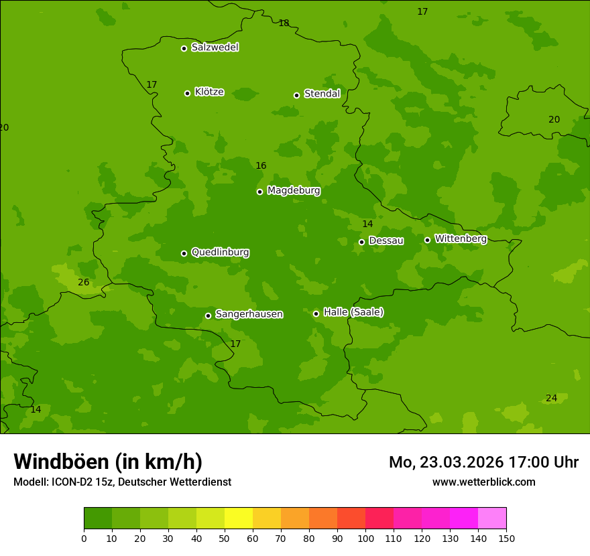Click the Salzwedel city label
pyautogui.click(x=215, y=48)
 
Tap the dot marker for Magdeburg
pyautogui.click(x=259, y=192)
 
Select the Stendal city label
pyautogui.click(x=322, y=94)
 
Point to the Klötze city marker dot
pyautogui.click(x=187, y=93)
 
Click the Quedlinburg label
pyautogui.click(x=220, y=253)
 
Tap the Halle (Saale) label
pyautogui.click(x=353, y=312)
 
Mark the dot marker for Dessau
pyautogui.click(x=361, y=242)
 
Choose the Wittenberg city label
pyautogui.click(x=461, y=238)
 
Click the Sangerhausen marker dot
pyautogui.click(x=208, y=316)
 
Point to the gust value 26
pyautogui.click(x=83, y=282)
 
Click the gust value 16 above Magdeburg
pyautogui.click(x=261, y=165)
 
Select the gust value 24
pyautogui.click(x=551, y=398)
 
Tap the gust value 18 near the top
pyautogui.click(x=284, y=23)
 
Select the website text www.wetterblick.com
pyautogui.click(x=483, y=482)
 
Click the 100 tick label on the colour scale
pyautogui.click(x=365, y=538)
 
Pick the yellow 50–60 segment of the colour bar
pyautogui.click(x=239, y=518)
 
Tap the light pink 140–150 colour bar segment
pyautogui.click(x=492, y=518)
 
